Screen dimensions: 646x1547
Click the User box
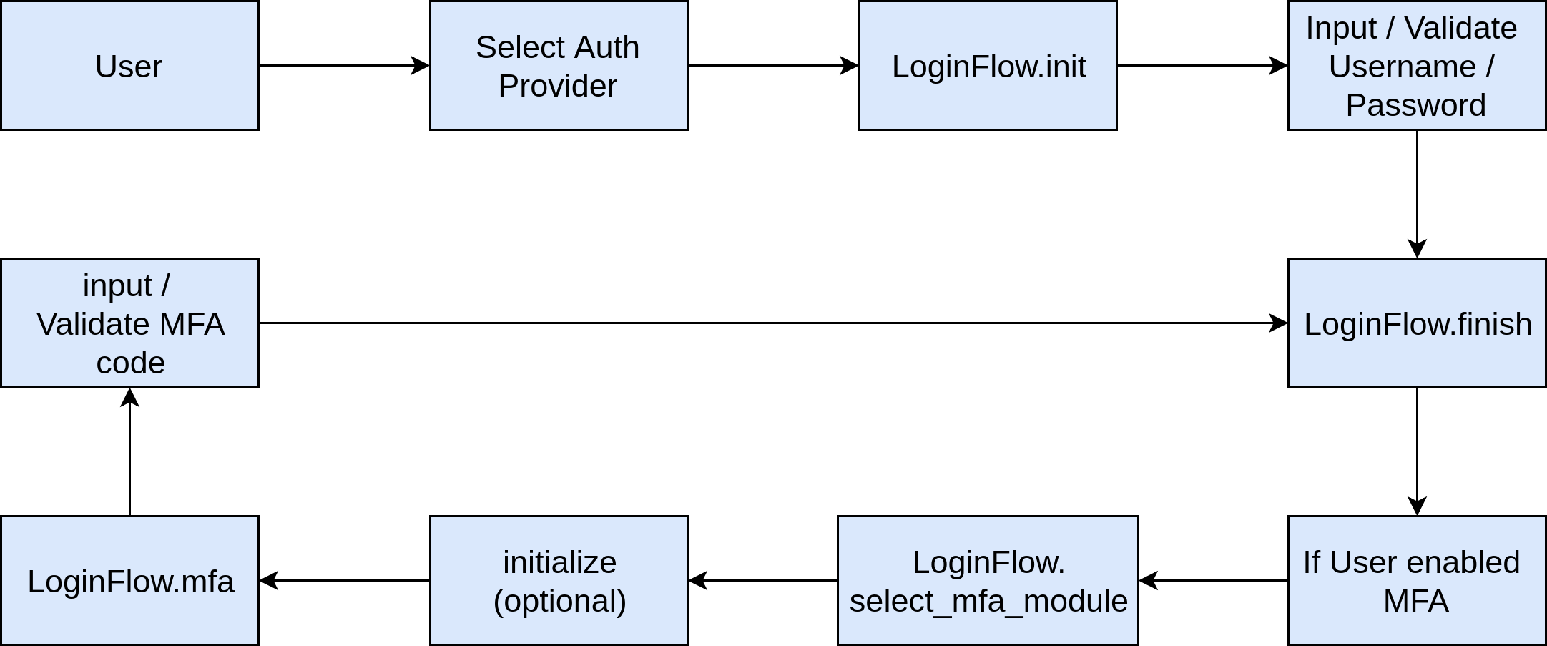(x=129, y=66)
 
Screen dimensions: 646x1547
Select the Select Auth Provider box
(x=558, y=66)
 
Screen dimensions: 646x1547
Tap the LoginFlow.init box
(x=987, y=66)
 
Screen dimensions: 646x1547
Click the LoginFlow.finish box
(x=1416, y=323)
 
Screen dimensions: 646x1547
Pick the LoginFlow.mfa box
(x=129, y=581)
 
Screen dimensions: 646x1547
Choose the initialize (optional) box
(x=558, y=581)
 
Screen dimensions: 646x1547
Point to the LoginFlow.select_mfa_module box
(x=987, y=581)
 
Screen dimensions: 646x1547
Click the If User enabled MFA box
(x=1416, y=581)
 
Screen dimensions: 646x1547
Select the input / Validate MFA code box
(x=129, y=323)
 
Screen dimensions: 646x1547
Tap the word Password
(x=1415, y=105)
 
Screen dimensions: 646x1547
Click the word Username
(x=1402, y=67)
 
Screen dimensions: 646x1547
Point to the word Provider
(x=557, y=86)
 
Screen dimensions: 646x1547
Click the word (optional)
(x=559, y=601)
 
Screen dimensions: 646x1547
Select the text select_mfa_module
(x=988, y=601)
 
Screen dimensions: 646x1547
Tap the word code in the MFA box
(x=130, y=363)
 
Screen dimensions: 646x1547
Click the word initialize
(x=559, y=562)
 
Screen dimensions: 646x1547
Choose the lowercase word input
(x=117, y=285)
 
